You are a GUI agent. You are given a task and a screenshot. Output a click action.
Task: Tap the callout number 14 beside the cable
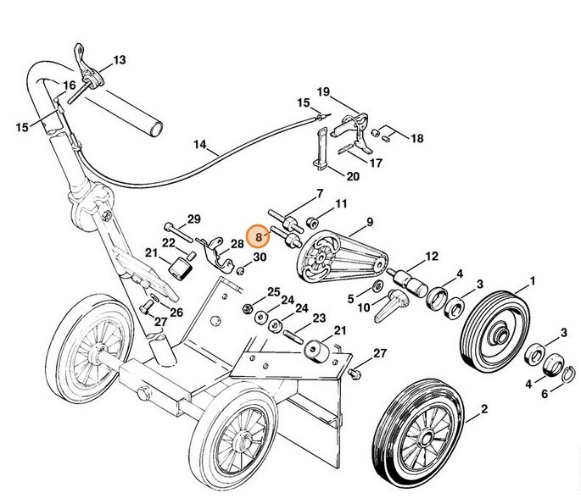tap(199, 145)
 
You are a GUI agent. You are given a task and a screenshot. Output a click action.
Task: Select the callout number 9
tap(369, 224)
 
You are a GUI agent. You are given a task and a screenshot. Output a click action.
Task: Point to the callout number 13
tap(119, 60)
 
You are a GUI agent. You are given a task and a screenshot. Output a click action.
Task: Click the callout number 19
tap(323, 91)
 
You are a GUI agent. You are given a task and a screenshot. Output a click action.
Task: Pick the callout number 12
tap(431, 255)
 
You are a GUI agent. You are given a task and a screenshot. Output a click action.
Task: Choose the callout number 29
tap(193, 219)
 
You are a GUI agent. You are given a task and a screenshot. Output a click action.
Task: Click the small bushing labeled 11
tap(311, 223)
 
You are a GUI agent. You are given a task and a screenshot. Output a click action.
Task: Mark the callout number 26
tap(176, 313)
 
